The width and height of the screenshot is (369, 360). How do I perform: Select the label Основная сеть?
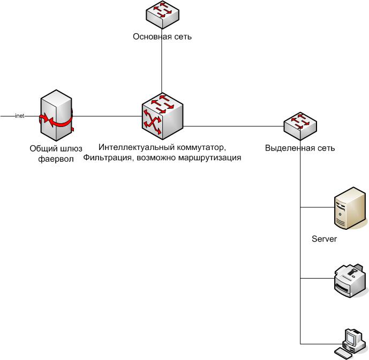point(162,37)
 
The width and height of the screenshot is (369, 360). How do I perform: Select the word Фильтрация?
point(106,157)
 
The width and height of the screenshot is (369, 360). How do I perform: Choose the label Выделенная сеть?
point(300,148)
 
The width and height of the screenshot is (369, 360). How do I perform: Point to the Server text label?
point(324,239)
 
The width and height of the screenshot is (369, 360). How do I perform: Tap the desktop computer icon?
point(350,342)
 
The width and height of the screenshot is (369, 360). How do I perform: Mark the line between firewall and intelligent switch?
point(107,116)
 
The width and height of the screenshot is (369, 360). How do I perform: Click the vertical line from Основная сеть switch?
point(162,70)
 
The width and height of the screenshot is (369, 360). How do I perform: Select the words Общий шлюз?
point(55,148)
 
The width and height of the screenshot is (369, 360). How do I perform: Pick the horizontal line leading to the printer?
point(316,279)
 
